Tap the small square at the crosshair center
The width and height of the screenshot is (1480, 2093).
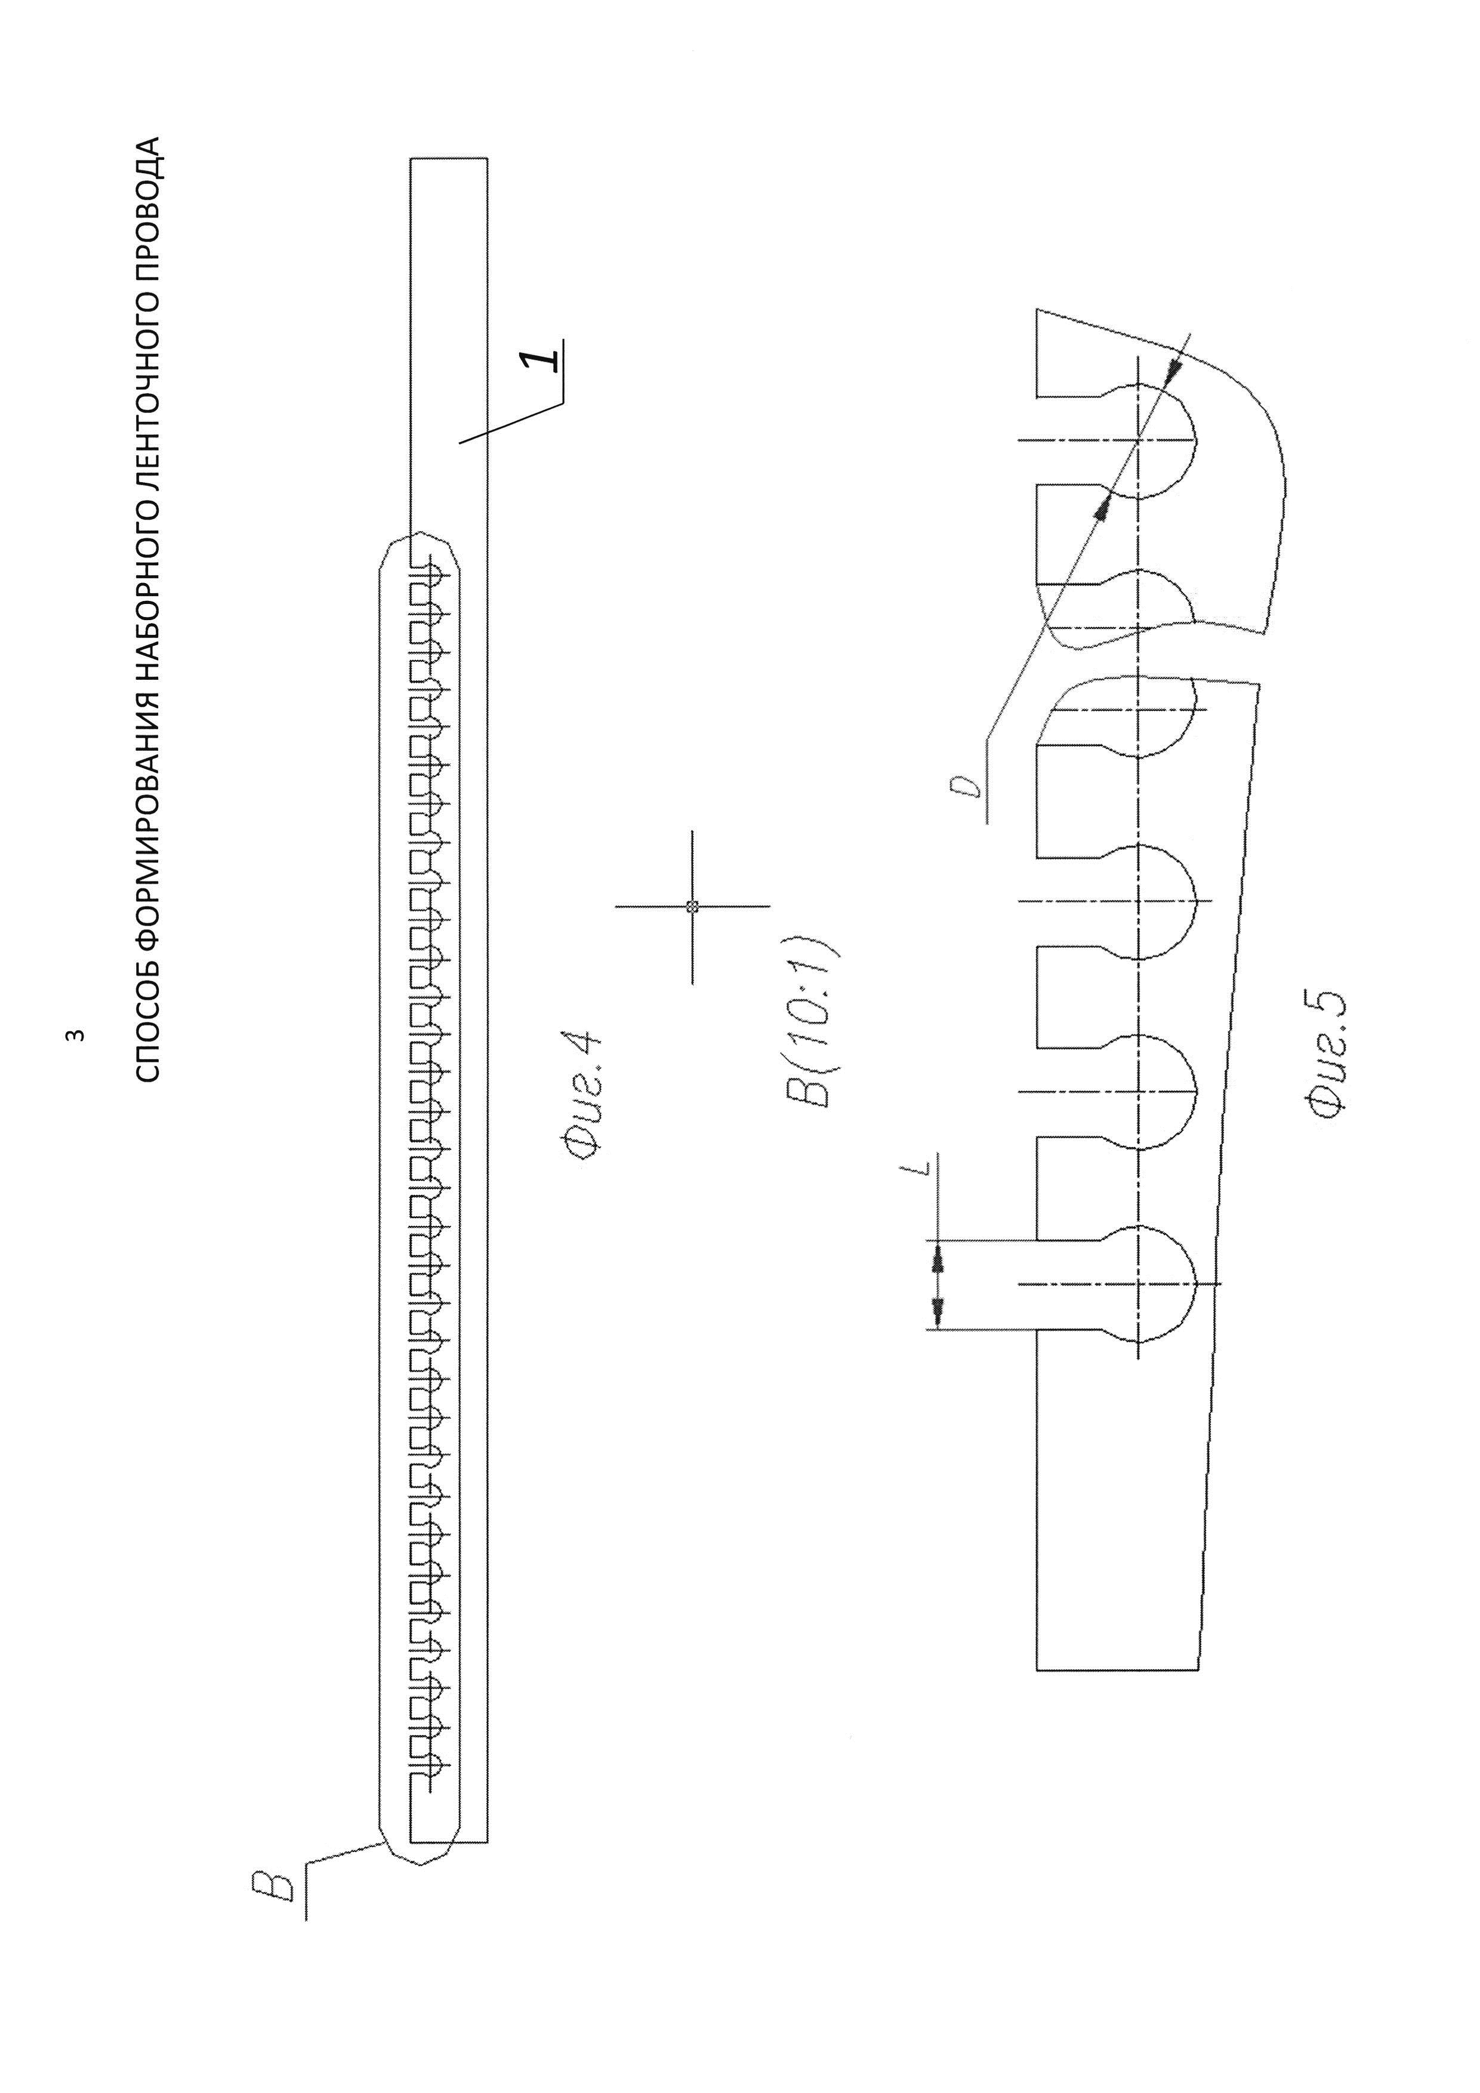coord(692,906)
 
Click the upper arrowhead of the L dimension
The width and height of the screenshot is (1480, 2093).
coord(936,1259)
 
